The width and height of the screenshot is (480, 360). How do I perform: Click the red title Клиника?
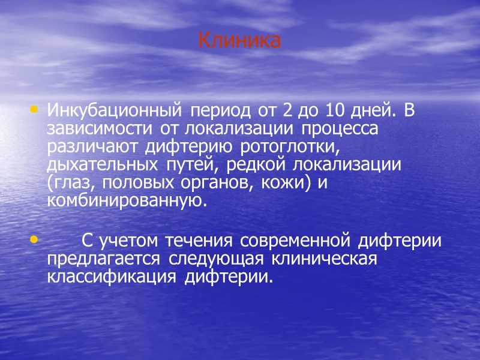(239, 41)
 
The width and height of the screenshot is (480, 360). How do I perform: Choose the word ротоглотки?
(290, 147)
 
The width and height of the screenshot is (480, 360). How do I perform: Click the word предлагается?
(103, 259)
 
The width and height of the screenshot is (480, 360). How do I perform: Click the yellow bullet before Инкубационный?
(33, 110)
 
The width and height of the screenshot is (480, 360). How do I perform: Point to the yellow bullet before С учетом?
(33, 240)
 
